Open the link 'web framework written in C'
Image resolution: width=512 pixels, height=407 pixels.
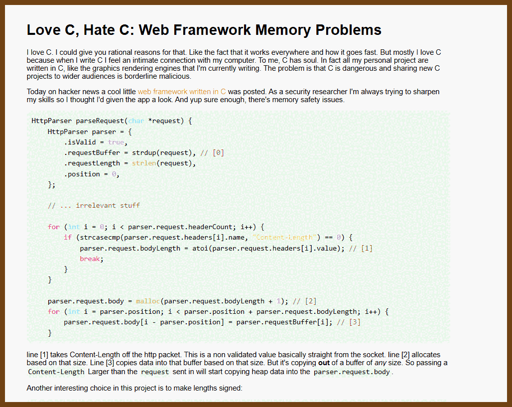[x=182, y=92]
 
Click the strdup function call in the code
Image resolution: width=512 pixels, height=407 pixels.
[x=145, y=153]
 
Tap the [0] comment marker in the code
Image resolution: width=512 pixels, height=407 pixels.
[x=218, y=153]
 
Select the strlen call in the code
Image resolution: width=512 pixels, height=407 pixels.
[x=144, y=163]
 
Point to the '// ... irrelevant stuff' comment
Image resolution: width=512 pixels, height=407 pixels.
[x=94, y=205]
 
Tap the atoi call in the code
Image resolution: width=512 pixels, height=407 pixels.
[x=200, y=248]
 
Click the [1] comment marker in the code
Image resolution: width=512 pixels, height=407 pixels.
[x=367, y=248]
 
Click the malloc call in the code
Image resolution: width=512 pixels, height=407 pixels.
[x=147, y=301]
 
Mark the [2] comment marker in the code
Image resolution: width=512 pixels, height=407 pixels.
[x=311, y=301]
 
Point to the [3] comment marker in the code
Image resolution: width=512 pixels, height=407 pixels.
[x=355, y=322]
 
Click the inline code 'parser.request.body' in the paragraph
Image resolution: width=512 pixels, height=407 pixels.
[x=352, y=372]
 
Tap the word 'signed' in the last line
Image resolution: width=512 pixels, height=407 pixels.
[x=231, y=388]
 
